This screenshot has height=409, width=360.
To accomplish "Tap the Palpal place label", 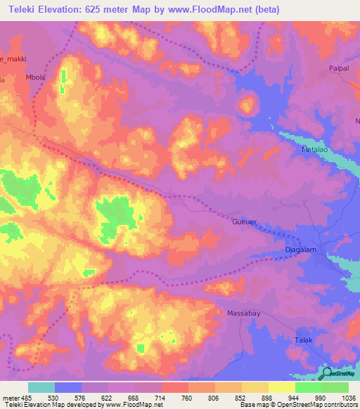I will [x=339, y=69].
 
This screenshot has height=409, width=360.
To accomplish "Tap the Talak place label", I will [x=302, y=340].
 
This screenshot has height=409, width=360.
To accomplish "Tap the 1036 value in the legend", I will [x=349, y=397].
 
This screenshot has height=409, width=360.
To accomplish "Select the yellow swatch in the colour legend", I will [x=281, y=387].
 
